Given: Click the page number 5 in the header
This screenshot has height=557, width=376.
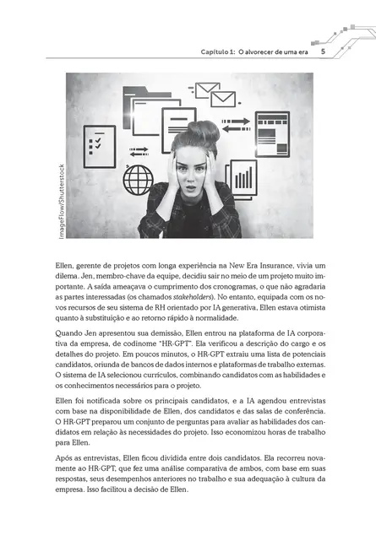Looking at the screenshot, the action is (323, 51).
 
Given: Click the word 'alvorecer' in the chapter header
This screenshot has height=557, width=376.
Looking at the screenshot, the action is (270, 51).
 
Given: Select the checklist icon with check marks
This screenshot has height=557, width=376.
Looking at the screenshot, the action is (99, 146).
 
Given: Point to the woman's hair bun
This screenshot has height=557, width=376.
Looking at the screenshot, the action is (204, 131).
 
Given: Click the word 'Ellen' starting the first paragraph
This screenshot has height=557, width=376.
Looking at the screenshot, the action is (63, 265).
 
